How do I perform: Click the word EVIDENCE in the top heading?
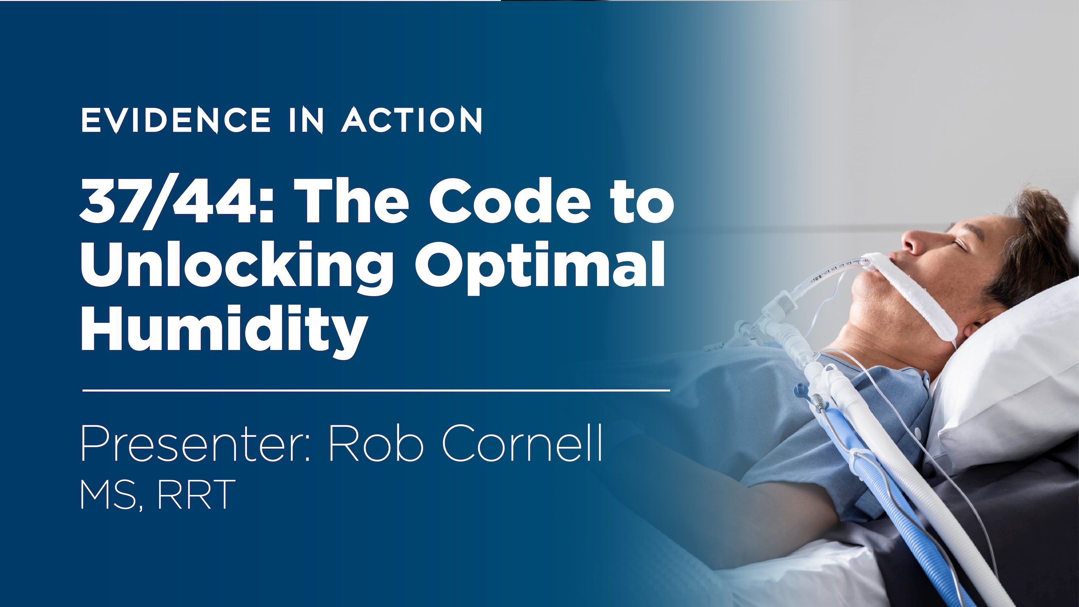tap(176, 120)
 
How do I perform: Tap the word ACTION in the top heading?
tap(412, 120)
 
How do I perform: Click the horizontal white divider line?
tap(376, 390)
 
